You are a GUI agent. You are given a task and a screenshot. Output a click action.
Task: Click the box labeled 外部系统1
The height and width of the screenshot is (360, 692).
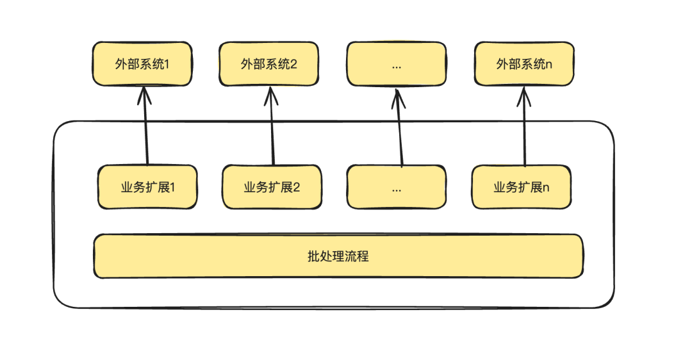pos(142,64)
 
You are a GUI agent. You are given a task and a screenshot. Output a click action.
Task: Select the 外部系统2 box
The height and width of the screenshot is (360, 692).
pos(268,64)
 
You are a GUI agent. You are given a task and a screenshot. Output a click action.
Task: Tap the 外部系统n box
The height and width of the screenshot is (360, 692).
pos(524,64)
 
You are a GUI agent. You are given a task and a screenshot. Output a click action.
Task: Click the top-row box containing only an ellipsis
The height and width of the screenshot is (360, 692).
pos(396,64)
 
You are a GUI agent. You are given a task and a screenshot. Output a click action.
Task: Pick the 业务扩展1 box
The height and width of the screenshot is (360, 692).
pos(147,187)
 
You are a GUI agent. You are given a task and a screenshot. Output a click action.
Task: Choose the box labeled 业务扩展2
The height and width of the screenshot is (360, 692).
pos(272,187)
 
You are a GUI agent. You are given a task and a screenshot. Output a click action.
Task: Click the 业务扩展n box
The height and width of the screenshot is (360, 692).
pos(521,187)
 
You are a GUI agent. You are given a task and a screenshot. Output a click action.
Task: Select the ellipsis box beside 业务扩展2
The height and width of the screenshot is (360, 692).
pos(396,187)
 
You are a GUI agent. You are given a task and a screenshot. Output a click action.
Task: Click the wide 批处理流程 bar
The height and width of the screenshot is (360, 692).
pos(338,256)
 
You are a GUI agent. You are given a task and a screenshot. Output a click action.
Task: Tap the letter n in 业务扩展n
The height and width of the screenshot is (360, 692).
pos(546,188)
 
